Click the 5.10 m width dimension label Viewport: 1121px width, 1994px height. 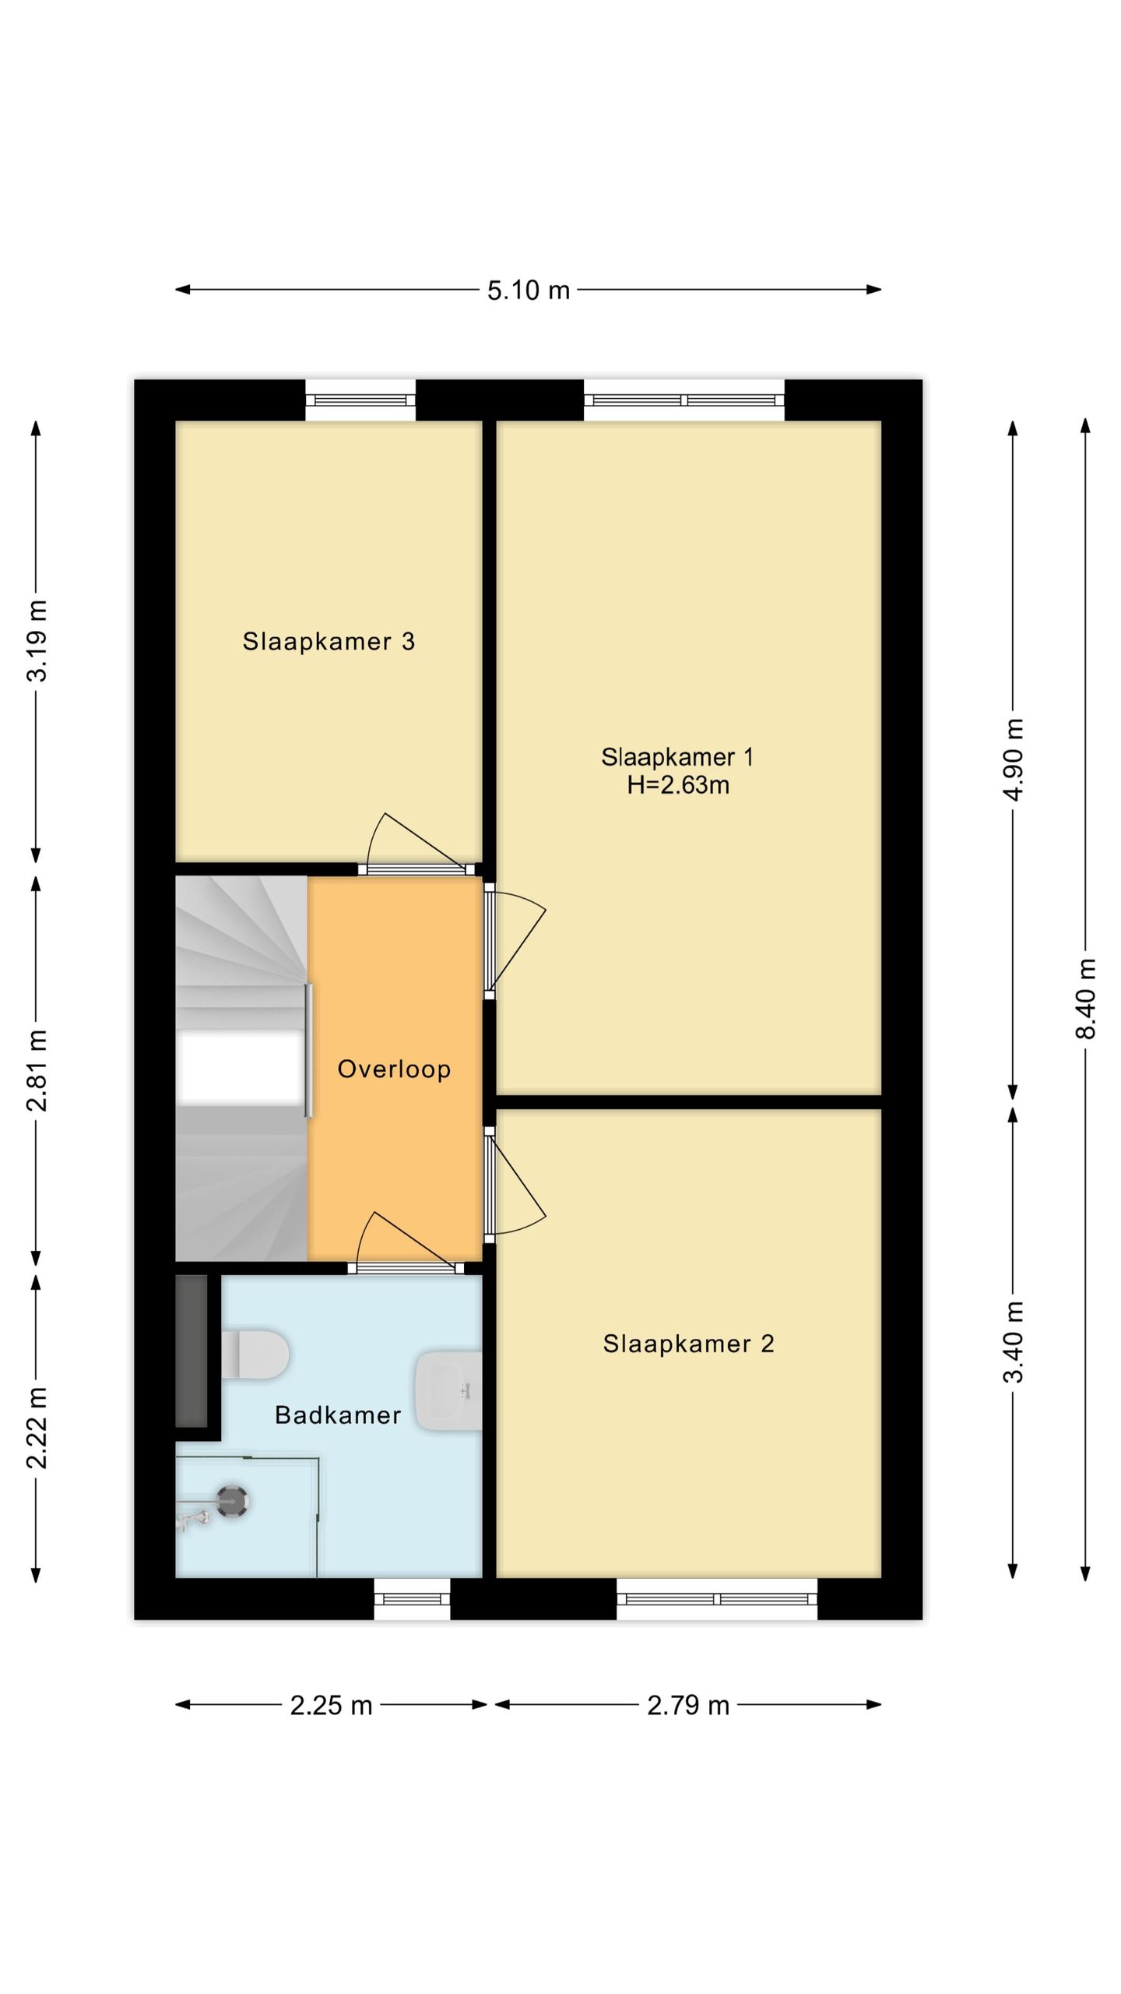pos(529,291)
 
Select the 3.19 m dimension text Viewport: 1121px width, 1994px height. pos(37,640)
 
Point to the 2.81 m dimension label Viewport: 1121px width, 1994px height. pos(37,1069)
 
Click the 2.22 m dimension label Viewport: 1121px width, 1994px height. pos(37,1427)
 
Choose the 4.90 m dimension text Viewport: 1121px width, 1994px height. pos(1013,759)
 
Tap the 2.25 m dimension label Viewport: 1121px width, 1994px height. pos(331,1706)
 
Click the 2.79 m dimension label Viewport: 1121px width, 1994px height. pos(688,1706)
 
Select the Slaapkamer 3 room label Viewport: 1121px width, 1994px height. pos(329,641)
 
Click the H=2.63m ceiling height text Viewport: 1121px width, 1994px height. pos(678,784)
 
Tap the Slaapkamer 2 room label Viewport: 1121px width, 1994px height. pos(689,1344)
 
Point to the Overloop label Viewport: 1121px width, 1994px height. pos(394,1069)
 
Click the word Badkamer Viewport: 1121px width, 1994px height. pos(338,1415)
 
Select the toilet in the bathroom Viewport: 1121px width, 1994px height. pos(255,1355)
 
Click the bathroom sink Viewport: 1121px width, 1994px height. pos(448,1390)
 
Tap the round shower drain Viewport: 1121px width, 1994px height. pos(232,1503)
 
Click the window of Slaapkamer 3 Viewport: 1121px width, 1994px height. pos(360,400)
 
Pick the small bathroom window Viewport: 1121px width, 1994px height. pos(412,1599)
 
